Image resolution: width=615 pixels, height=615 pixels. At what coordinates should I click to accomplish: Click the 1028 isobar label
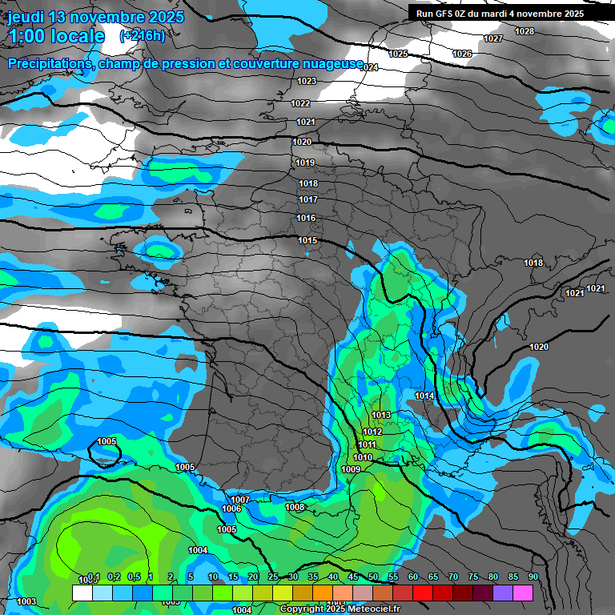pos(525,31)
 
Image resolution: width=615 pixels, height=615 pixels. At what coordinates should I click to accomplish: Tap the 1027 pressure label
pos(493,39)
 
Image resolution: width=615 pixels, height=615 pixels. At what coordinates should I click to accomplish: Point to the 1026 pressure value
pos(462,54)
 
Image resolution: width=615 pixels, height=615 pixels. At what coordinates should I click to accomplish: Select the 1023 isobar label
pos(307,81)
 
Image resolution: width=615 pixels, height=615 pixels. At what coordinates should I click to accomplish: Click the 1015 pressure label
pos(307,240)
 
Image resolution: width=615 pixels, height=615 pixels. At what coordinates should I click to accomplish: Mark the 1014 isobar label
pos(425,396)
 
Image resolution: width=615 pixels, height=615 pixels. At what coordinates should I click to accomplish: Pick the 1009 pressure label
pos(351,469)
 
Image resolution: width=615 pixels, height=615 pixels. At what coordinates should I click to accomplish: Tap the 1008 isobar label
pos(295,507)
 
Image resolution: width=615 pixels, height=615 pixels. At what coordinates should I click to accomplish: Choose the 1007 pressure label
pos(240,500)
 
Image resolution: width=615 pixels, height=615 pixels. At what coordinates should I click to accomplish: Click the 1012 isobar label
pos(372,432)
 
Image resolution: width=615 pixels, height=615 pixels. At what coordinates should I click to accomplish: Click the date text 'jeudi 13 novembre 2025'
pos(95,17)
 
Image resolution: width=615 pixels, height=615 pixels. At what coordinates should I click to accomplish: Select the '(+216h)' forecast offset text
pos(142,36)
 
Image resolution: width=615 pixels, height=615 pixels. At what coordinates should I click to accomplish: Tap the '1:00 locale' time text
pos(56,36)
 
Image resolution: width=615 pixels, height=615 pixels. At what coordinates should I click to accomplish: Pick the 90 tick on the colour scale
pos(533,577)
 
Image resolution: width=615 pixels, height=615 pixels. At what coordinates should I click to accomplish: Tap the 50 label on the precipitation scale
pos(373,577)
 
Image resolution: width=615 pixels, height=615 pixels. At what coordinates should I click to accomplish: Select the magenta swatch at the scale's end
pos(523,593)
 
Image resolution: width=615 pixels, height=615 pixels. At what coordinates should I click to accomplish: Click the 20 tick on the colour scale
pos(253,577)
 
